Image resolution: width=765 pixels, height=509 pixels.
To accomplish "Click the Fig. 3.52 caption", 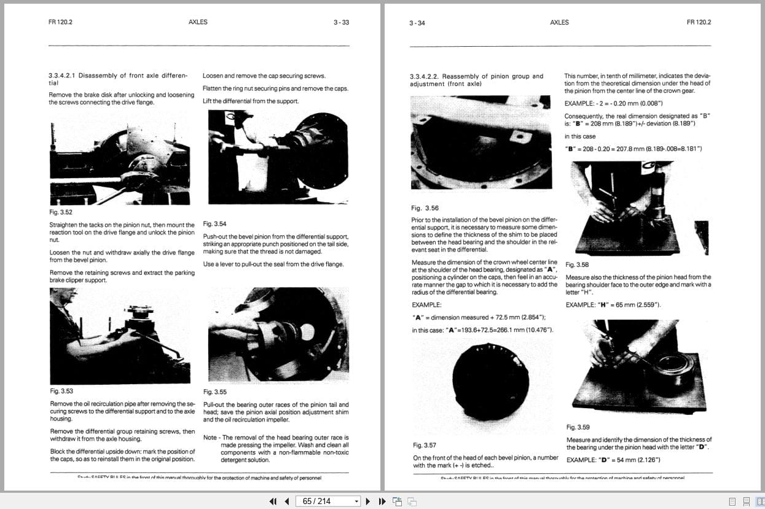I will click(x=60, y=212).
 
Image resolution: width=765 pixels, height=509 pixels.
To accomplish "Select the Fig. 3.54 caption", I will click(x=214, y=224).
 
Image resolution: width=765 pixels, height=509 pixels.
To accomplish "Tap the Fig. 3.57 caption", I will click(x=424, y=445).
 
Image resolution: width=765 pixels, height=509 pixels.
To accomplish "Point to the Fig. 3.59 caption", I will click(x=578, y=427).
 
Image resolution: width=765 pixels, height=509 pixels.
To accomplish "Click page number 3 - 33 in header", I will click(x=341, y=22).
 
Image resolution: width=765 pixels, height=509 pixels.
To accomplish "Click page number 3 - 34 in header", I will click(x=417, y=23).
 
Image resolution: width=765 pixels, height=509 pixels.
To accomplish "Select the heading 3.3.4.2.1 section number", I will click(x=61, y=76).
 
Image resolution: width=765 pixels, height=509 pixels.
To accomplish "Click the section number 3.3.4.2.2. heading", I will click(x=425, y=76).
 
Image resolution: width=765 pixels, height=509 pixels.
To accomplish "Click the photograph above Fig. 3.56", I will click(x=481, y=143).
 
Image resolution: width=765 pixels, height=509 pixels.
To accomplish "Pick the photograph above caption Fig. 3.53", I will click(x=120, y=336).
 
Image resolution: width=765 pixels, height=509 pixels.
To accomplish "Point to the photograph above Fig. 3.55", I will click(x=279, y=336).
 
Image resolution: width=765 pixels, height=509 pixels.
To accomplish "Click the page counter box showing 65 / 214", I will click(x=328, y=501).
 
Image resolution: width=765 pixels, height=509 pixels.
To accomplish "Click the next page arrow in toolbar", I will click(x=368, y=501).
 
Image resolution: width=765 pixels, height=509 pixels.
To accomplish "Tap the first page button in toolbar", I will click(x=273, y=501).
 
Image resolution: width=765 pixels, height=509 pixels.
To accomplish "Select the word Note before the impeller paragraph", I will click(x=210, y=438).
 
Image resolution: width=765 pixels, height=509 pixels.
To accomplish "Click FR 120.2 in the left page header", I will click(x=60, y=22).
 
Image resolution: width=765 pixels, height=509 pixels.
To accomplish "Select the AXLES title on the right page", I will click(x=559, y=22).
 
